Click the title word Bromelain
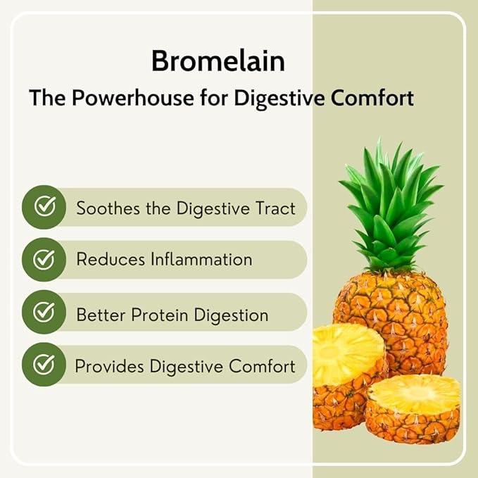(x=218, y=61)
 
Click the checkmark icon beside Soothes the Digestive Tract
(x=44, y=207)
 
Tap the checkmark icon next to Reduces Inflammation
(x=44, y=260)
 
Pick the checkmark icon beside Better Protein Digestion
(x=44, y=313)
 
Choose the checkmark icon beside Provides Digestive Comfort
(x=44, y=365)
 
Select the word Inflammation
(x=201, y=259)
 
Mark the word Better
(x=100, y=314)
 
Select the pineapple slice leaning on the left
(x=345, y=373)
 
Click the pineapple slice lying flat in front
(x=414, y=408)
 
